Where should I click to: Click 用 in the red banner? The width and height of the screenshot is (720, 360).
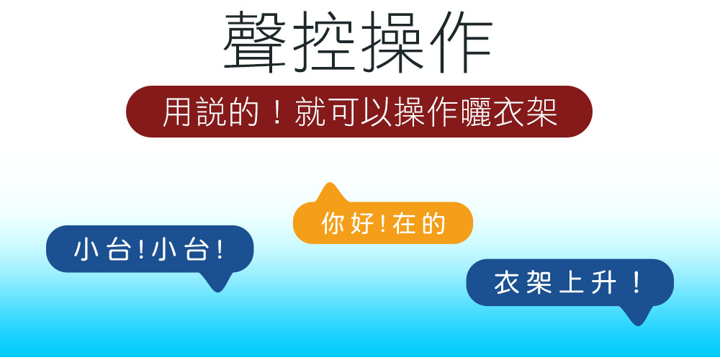click(x=178, y=112)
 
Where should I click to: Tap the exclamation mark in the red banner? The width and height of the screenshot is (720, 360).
click(x=276, y=112)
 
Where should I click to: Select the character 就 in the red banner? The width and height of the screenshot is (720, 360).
click(x=310, y=112)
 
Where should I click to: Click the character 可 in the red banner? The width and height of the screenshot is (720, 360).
click(x=343, y=112)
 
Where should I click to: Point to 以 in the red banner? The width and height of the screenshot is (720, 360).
click(x=376, y=112)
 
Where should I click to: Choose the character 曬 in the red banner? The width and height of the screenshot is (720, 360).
click(x=476, y=112)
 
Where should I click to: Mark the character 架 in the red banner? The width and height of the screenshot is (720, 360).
click(x=542, y=112)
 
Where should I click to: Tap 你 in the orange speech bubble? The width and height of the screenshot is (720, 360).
click(x=333, y=223)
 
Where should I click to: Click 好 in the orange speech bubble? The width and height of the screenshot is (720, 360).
click(x=362, y=223)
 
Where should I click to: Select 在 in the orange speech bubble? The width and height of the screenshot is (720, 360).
click(x=404, y=223)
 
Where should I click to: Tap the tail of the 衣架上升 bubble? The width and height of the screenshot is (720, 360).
click(x=637, y=315)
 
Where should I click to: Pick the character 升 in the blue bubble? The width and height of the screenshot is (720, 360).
click(x=603, y=283)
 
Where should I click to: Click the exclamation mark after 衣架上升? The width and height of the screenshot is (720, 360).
click(x=636, y=283)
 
